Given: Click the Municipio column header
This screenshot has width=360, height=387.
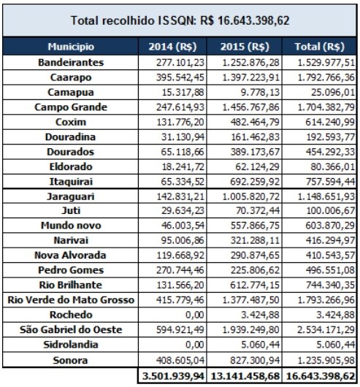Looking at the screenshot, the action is click(x=71, y=47).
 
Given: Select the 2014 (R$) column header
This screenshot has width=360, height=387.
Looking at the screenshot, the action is click(x=172, y=47).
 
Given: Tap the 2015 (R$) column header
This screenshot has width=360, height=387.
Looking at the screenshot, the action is click(x=245, y=47).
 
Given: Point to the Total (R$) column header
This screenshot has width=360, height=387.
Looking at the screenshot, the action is click(x=320, y=47).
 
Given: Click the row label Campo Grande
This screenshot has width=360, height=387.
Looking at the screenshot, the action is click(x=71, y=107).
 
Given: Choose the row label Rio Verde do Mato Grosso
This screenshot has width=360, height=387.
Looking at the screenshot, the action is click(x=71, y=300).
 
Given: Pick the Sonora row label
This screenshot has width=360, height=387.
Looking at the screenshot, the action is click(x=70, y=360).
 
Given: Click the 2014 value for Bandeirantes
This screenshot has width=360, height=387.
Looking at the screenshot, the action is click(x=180, y=63).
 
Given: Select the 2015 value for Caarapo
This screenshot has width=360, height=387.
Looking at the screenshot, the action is click(x=250, y=77).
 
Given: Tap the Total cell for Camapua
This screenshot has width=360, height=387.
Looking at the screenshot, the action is click(x=333, y=92).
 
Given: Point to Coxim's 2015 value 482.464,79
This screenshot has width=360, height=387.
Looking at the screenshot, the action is click(x=255, y=122).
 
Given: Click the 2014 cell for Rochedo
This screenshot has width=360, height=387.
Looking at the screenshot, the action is click(x=195, y=315).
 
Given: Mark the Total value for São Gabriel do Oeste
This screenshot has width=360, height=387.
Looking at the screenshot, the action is click(x=326, y=330).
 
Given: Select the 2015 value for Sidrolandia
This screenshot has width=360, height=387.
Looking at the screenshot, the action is click(x=260, y=345).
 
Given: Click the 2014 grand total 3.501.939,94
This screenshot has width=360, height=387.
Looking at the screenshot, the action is click(x=173, y=376).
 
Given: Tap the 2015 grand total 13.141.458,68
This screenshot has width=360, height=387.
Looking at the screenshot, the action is click(x=245, y=376).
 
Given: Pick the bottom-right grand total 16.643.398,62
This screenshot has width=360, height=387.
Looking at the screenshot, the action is click(x=321, y=376).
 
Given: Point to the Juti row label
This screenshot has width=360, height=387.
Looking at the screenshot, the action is click(x=71, y=210).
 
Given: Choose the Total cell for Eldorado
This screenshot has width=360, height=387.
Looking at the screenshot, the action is click(x=332, y=166).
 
